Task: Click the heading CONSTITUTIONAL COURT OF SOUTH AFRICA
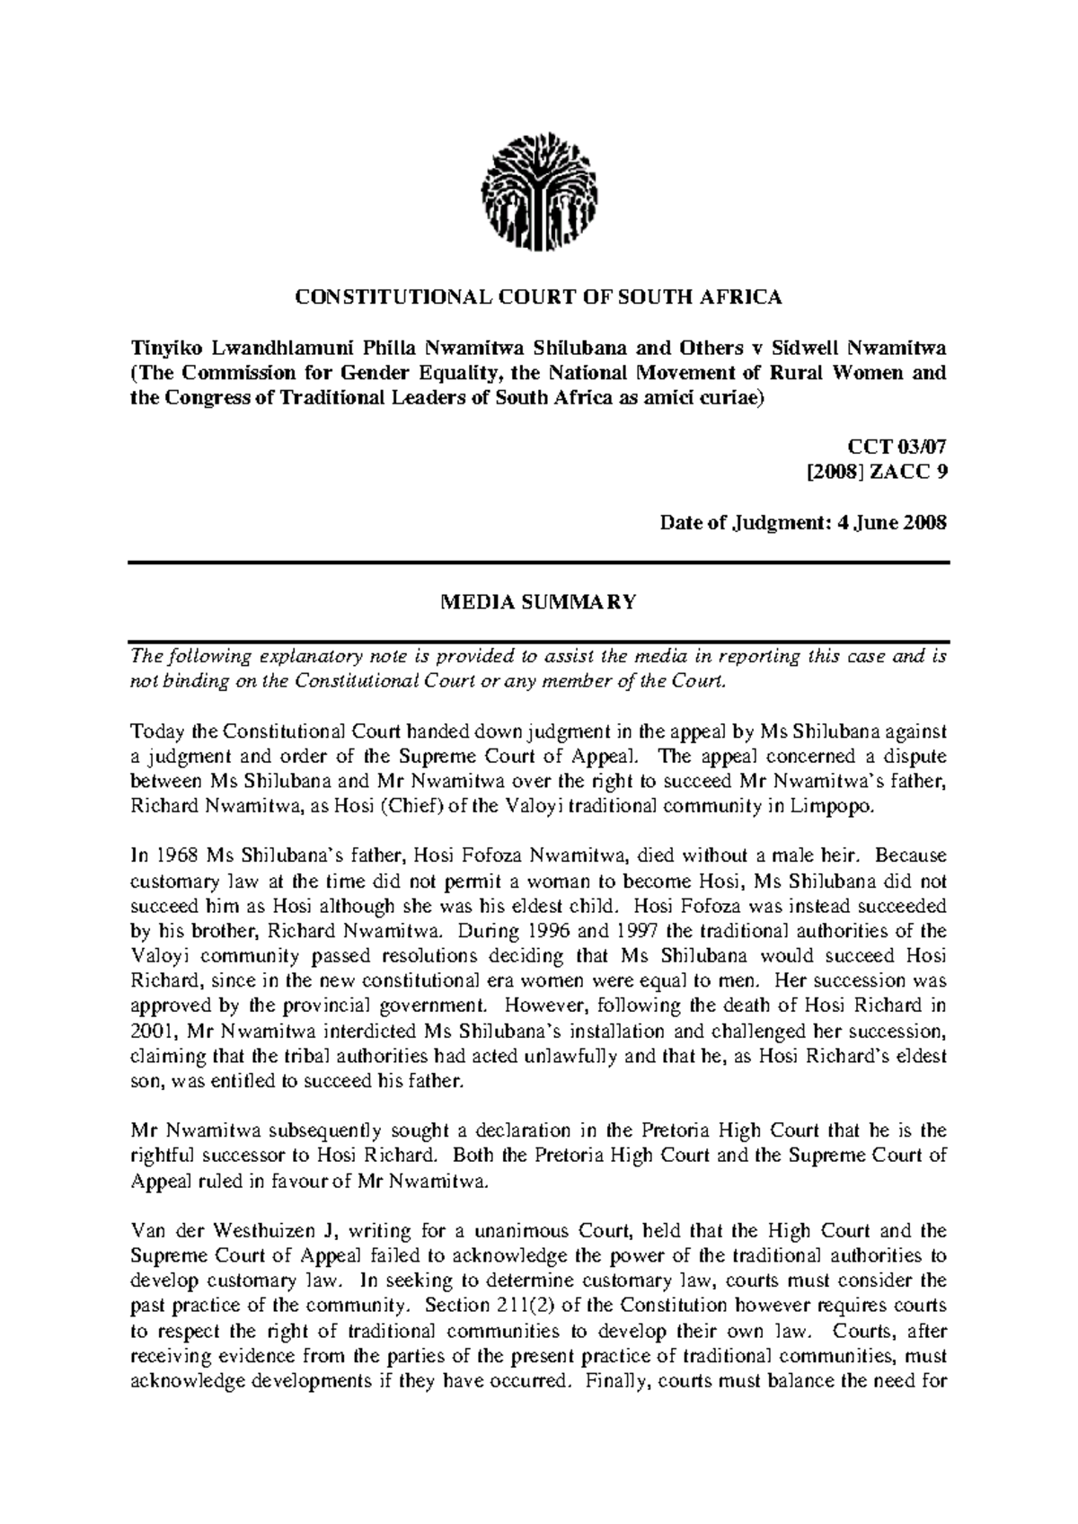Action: tap(538, 298)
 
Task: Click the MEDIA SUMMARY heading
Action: tap(538, 603)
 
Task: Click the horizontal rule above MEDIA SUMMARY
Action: tap(538, 563)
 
